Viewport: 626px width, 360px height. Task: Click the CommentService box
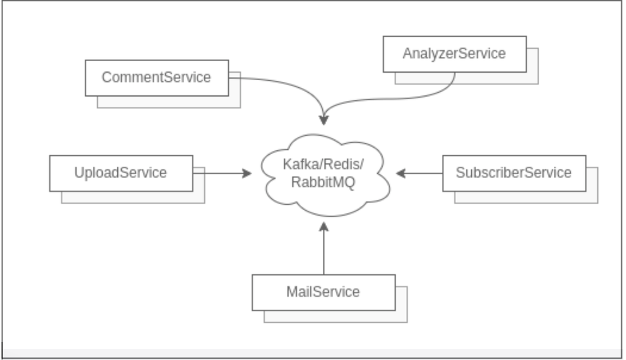[x=156, y=78]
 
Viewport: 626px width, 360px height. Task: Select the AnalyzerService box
[x=454, y=54]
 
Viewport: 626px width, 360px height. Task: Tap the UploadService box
[x=120, y=173]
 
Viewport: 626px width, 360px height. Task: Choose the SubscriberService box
[x=514, y=173]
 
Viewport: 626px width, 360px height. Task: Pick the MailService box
[x=323, y=292]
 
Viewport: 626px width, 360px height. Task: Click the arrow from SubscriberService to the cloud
[x=422, y=174]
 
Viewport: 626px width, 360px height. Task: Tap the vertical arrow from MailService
[x=324, y=251]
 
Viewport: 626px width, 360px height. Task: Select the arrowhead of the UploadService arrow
[x=247, y=174]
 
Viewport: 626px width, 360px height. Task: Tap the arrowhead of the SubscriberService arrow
[x=400, y=174]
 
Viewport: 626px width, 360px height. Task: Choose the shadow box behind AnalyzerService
[x=532, y=78]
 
